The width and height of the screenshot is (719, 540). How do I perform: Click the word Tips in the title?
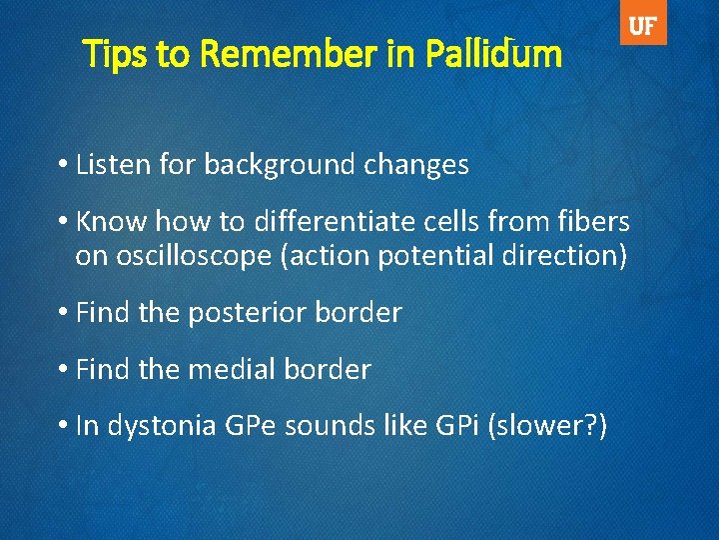pos(116,54)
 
